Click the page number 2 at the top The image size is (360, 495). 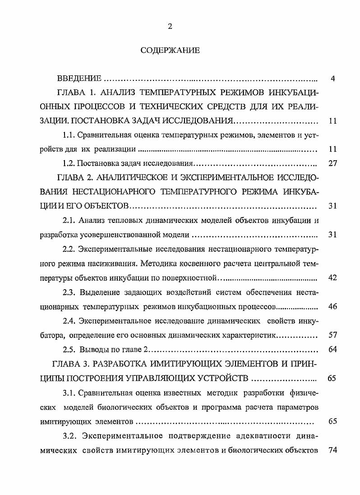170,26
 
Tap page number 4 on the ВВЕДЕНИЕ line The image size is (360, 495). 332,79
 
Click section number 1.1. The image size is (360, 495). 69,135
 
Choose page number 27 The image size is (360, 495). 332,163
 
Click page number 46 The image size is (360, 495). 332,307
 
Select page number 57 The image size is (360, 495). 332,336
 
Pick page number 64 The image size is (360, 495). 332,350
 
